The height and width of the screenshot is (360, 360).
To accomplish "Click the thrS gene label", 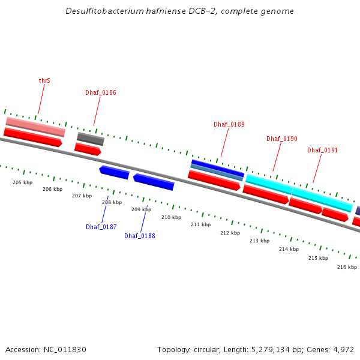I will pyautogui.click(x=44, y=80).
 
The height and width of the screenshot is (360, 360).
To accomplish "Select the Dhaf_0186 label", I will pyautogui.click(x=101, y=92).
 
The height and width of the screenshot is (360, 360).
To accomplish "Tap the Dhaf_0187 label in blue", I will pyautogui.click(x=101, y=227).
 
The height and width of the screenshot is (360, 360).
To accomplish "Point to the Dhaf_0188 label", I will pyautogui.click(x=140, y=236).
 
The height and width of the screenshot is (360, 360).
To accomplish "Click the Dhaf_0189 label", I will pyautogui.click(x=229, y=124).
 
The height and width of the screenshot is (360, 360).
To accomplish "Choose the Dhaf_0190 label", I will pyautogui.click(x=282, y=139).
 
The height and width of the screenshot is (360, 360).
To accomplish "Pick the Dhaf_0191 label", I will pyautogui.click(x=323, y=150).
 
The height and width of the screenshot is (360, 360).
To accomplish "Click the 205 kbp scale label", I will pyautogui.click(x=22, y=182).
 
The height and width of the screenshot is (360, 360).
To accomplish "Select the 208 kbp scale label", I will pyautogui.click(x=112, y=203).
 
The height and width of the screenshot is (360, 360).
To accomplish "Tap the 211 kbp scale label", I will pyautogui.click(x=201, y=224).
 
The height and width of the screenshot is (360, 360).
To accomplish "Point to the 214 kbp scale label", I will pyautogui.click(x=289, y=249).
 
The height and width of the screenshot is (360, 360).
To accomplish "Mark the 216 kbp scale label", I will pyautogui.click(x=347, y=267).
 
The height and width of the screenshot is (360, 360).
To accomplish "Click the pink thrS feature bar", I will pyautogui.click(x=35, y=127).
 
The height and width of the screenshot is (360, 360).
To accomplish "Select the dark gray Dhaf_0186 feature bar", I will pyautogui.click(x=91, y=139).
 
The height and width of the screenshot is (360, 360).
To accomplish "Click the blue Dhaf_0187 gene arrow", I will pyautogui.click(x=115, y=172).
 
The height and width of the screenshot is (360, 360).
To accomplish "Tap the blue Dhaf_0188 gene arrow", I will pyautogui.click(x=154, y=182).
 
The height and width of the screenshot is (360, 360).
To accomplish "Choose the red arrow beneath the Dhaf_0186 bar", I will pyautogui.click(x=88, y=149).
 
